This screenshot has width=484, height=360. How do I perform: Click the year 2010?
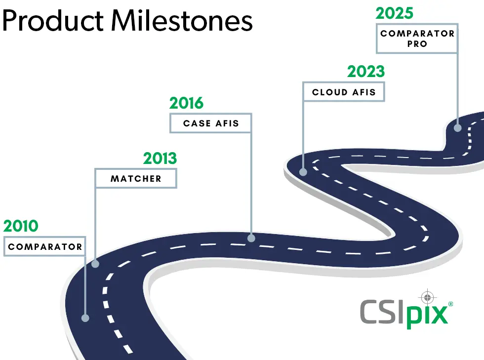[x=21, y=226]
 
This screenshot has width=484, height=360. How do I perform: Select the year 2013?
[x=160, y=159]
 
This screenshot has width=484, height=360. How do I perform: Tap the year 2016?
[x=186, y=103]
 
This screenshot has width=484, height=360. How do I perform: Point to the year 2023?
[x=365, y=72]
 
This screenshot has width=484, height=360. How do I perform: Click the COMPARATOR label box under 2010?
[x=45, y=246]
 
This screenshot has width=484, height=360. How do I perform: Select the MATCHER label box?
[x=136, y=178]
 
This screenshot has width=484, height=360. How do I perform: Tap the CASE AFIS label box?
[x=211, y=123]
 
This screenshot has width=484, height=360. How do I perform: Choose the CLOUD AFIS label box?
[x=344, y=92]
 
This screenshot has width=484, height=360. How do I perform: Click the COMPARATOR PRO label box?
[x=417, y=39]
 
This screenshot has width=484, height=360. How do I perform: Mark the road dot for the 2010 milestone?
[x=85, y=318]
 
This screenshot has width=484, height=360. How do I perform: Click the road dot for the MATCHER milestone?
[x=95, y=264]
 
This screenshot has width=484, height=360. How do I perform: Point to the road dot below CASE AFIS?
[x=251, y=238]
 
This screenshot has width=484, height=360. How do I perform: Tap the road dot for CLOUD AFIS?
[x=303, y=172]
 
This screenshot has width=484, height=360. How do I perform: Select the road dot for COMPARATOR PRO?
[x=457, y=127]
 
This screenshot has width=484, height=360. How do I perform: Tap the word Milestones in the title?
[x=181, y=21]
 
